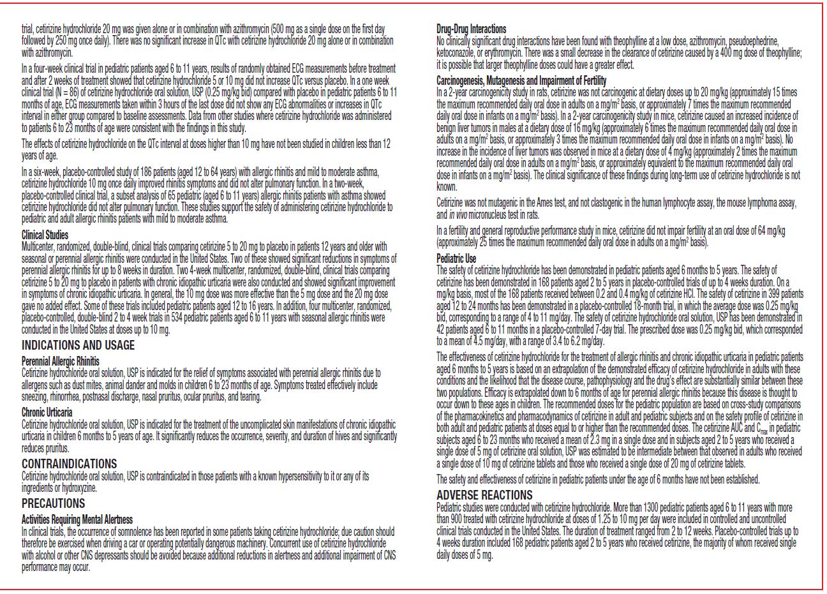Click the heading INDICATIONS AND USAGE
tap(78, 345)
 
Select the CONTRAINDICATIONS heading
tap(69, 464)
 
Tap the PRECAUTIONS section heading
tap(53, 503)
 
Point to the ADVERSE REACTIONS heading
tap(484, 495)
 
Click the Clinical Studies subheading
tap(45, 235)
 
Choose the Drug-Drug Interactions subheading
tap(471, 29)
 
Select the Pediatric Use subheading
tap(456, 258)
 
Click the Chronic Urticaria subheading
tap(47, 412)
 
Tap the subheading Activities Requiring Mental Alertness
tap(77, 519)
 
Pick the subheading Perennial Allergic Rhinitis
tap(61, 361)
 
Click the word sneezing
tap(34, 397)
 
